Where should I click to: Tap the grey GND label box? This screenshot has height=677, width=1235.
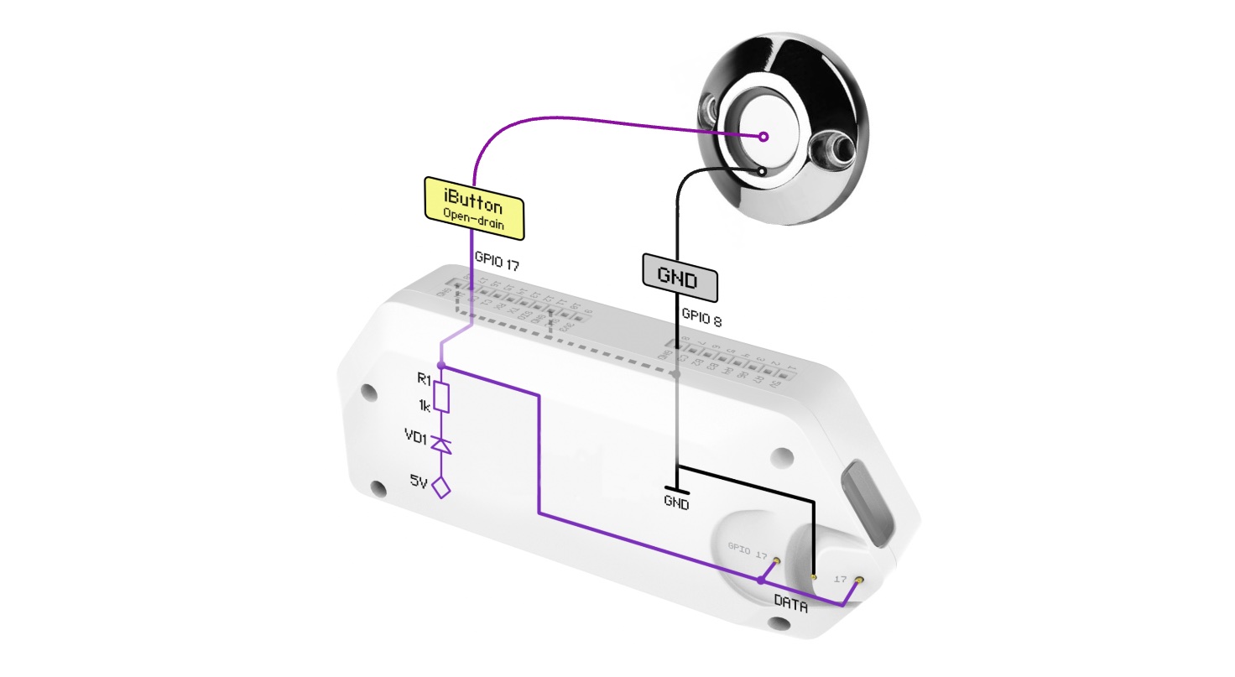(680, 279)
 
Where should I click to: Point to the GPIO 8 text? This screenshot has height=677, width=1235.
(701, 319)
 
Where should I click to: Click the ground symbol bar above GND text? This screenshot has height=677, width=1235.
(676, 489)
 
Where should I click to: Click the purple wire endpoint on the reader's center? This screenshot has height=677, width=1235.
(763, 137)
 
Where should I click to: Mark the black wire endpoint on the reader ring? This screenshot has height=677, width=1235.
(761, 171)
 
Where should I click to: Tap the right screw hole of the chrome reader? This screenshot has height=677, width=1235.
(836, 148)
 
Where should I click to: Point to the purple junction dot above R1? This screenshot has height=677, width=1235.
(441, 366)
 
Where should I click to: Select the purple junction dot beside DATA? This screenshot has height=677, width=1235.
(760, 580)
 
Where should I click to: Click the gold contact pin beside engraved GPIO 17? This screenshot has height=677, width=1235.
(778, 560)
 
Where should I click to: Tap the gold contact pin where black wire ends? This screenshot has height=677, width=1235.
(814, 576)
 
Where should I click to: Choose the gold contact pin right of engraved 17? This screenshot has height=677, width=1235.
(858, 580)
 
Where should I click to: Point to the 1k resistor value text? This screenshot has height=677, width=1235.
(425, 406)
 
